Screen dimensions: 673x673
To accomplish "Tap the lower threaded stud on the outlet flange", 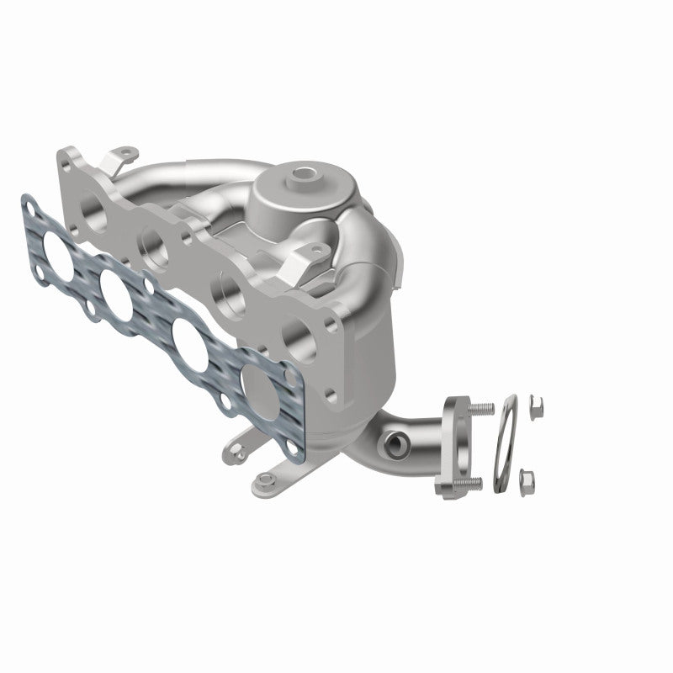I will point(472,482).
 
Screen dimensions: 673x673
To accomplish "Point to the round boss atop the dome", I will point(300,179).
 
